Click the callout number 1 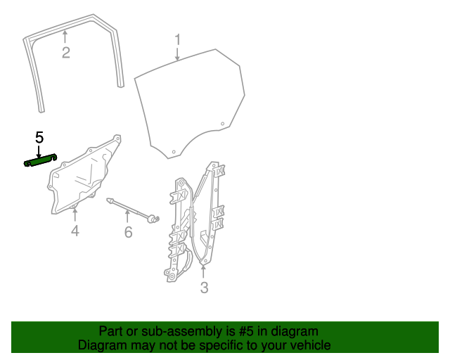(x=178, y=40)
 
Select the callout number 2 (x=66, y=53)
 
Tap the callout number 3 (x=204, y=288)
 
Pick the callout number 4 (x=75, y=231)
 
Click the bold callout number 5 (x=39, y=138)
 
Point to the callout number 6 (x=128, y=231)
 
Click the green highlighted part (x=40, y=160)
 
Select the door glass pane (x=190, y=103)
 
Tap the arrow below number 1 (x=178, y=54)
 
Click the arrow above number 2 (x=65, y=37)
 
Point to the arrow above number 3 (x=203, y=271)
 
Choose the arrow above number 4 (x=75, y=214)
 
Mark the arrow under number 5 (x=39, y=152)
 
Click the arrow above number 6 (x=127, y=216)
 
